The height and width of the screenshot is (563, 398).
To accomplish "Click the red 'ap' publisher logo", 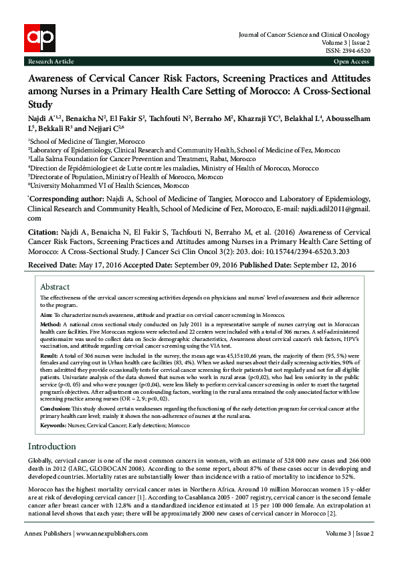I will (x=38, y=39).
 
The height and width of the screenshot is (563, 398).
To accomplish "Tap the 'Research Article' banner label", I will (x=51, y=61).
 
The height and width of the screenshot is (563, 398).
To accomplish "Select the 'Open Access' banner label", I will (x=351, y=61).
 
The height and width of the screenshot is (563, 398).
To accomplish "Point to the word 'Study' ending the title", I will (x=39, y=105).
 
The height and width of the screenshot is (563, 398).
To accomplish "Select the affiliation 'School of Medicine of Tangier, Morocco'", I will (x=74, y=142).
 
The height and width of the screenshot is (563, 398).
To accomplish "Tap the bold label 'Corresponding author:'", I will (x=66, y=199).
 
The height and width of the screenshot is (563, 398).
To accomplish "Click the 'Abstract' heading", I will (x=55, y=286).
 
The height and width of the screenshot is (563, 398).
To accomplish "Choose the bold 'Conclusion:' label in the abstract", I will (x=56, y=407).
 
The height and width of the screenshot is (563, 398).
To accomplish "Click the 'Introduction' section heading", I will (x=52, y=446).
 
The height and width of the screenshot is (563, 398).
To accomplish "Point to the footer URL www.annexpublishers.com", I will (x=112, y=534).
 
